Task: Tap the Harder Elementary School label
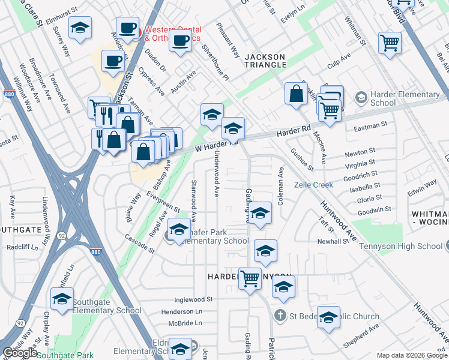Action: point(405,98)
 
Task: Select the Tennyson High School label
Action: point(404,246)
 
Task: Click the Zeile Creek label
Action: point(313,185)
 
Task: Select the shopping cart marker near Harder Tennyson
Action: point(250,278)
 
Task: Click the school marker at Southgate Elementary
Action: point(62,299)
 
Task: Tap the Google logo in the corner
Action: point(20,353)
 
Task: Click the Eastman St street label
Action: point(371,127)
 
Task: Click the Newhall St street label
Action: point(333,241)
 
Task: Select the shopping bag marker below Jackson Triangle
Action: point(296,94)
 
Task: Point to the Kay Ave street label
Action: point(12,206)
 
